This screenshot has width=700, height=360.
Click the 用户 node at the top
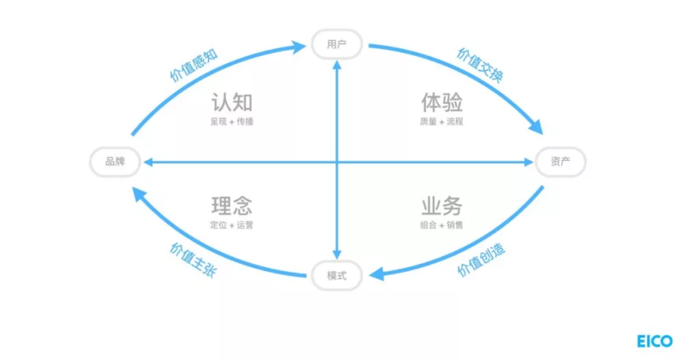pyautogui.click(x=337, y=44)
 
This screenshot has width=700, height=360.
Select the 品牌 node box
pyautogui.click(x=115, y=161)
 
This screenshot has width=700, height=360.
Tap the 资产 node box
pyautogui.click(x=560, y=161)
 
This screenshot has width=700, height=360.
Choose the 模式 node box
pyautogui.click(x=337, y=275)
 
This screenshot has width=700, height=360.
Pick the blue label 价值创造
pyautogui.click(x=481, y=260)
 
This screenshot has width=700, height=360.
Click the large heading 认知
pyautogui.click(x=232, y=102)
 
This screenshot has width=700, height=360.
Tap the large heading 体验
pyautogui.click(x=442, y=102)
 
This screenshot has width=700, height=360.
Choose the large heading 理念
pyautogui.click(x=232, y=206)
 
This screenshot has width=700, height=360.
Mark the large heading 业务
pyautogui.click(x=442, y=206)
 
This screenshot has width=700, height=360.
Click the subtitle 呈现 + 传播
pyautogui.click(x=232, y=122)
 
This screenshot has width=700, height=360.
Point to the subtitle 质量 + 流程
pyautogui.click(x=442, y=122)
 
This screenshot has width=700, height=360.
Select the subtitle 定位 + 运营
pyautogui.click(x=232, y=225)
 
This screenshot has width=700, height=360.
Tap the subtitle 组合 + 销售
pyautogui.click(x=442, y=225)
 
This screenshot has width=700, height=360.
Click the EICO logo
pyautogui.click(x=655, y=341)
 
